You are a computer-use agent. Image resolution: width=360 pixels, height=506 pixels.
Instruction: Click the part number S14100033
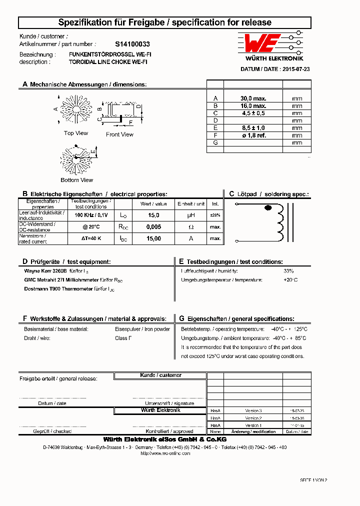tap(132, 44)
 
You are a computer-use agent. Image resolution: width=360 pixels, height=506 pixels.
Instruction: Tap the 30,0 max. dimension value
tap(253, 98)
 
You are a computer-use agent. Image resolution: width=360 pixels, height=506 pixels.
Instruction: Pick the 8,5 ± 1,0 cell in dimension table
tap(253, 128)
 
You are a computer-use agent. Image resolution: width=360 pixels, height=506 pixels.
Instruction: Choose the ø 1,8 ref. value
tap(253, 135)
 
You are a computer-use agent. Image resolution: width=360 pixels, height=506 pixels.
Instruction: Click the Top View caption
tap(76, 133)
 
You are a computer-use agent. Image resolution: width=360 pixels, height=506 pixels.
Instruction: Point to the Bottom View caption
tap(76, 180)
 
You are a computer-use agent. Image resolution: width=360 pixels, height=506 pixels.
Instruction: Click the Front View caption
tap(119, 134)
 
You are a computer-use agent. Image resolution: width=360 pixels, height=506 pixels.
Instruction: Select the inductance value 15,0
tap(153, 215)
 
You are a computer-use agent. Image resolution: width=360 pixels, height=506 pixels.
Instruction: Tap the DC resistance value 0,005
tap(153, 227)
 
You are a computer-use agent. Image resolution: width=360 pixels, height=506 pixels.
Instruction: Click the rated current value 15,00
tap(153, 238)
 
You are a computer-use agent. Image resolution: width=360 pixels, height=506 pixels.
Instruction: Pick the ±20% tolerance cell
tap(215, 215)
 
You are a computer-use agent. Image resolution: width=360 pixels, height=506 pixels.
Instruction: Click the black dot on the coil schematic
tap(268, 207)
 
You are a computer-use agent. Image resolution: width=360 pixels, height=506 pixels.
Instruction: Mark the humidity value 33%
tap(288, 270)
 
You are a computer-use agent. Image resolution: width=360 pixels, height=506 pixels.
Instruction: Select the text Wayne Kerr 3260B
tap(45, 270)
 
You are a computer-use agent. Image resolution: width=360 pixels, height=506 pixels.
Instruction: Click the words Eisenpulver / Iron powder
tap(142, 329)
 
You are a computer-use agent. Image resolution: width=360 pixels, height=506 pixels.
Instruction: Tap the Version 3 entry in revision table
tap(253, 410)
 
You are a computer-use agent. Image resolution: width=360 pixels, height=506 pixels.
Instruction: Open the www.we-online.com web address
tap(165, 453)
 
